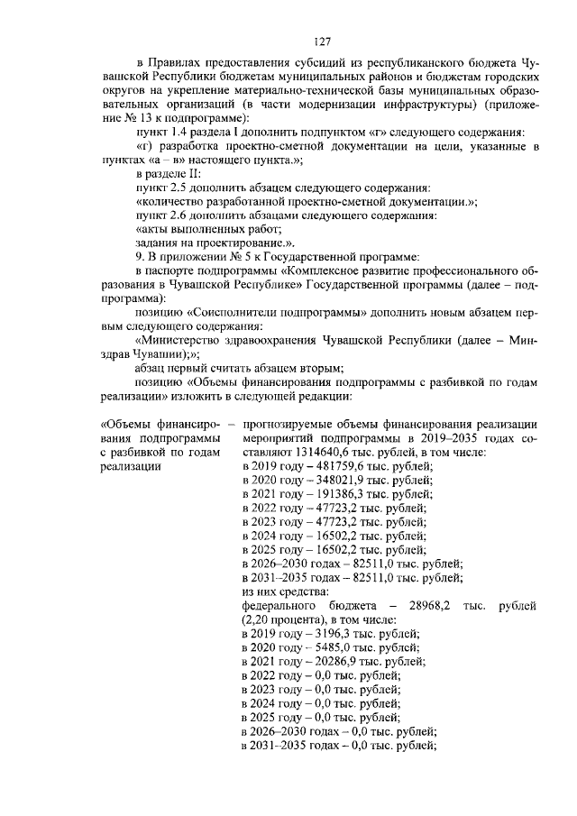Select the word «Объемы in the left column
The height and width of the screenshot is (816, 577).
[x=127, y=424]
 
